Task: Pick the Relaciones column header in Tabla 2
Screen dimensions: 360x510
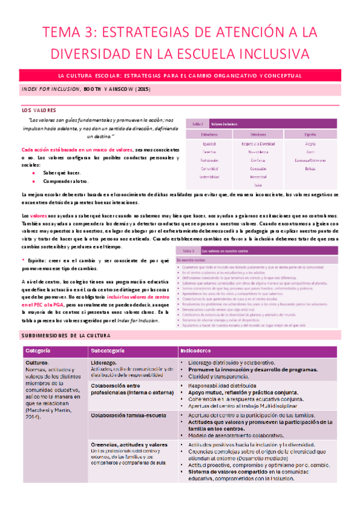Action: click(259, 135)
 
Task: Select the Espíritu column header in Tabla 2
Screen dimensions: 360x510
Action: click(310, 135)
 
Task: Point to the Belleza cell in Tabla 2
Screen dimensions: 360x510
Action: click(310, 170)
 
